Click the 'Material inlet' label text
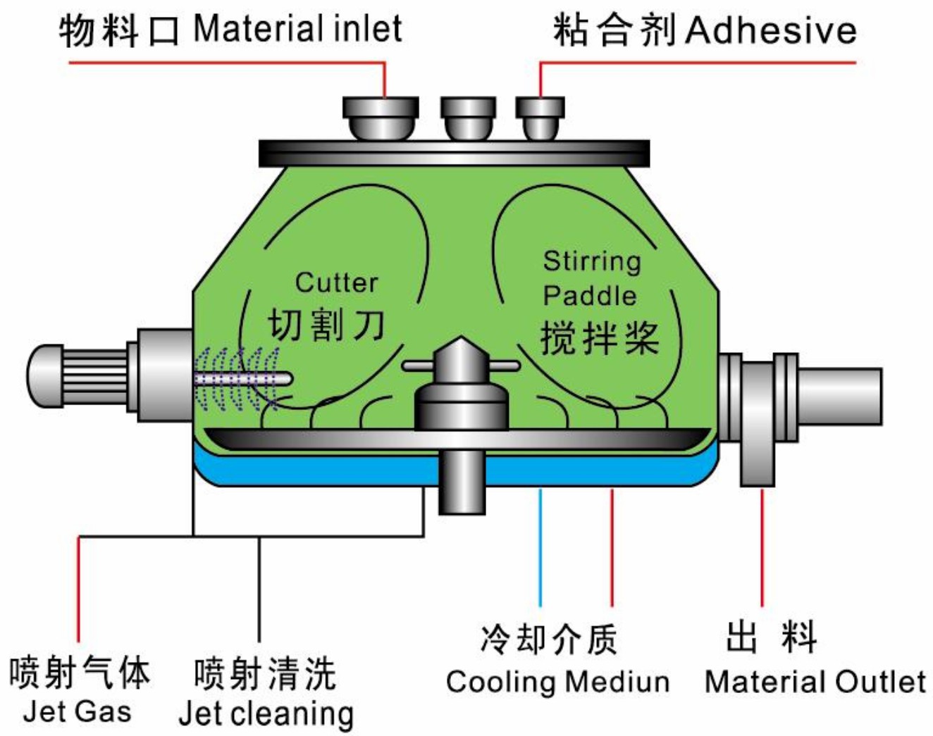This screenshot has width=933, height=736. pyautogui.click(x=297, y=30)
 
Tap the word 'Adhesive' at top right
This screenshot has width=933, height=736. pyautogui.click(x=771, y=30)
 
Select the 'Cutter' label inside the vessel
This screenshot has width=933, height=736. pyautogui.click(x=336, y=282)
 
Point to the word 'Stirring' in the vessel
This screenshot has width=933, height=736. pyautogui.click(x=592, y=261)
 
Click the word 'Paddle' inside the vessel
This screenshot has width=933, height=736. pyautogui.click(x=590, y=296)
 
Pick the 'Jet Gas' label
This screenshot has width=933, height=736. pyautogui.click(x=78, y=711)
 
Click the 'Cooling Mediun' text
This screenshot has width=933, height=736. pyautogui.click(x=557, y=682)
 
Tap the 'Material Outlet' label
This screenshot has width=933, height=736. pyautogui.click(x=815, y=682)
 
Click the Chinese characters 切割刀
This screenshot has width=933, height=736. pyautogui.click(x=326, y=325)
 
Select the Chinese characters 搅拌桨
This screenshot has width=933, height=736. pyautogui.click(x=600, y=337)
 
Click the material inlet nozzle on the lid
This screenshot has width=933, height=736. pyautogui.click(x=381, y=118)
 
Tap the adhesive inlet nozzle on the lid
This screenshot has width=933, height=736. pyautogui.click(x=540, y=118)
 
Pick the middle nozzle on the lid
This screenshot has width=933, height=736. pyautogui.click(x=468, y=118)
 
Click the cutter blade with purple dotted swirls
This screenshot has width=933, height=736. pyautogui.click(x=240, y=379)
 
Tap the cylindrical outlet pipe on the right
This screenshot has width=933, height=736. pyautogui.click(x=839, y=396)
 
